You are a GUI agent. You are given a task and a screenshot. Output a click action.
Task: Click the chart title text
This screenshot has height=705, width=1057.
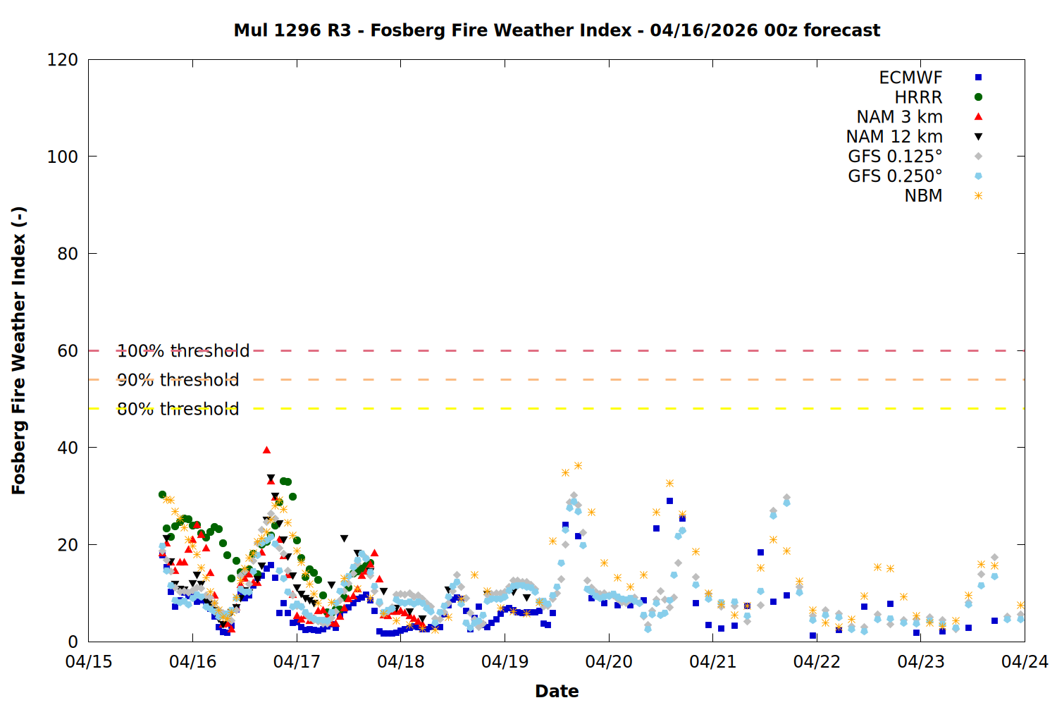point(557,30)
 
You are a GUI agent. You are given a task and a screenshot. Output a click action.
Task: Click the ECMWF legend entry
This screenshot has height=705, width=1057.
point(910,78)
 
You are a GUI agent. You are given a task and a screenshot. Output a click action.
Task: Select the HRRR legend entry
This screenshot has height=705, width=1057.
point(918,97)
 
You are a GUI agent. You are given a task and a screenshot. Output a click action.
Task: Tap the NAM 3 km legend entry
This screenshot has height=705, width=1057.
point(899,117)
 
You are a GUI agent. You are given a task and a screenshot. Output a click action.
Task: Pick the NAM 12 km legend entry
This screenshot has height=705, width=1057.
point(894,137)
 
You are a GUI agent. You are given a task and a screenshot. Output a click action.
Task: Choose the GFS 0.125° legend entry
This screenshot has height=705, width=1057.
point(895,157)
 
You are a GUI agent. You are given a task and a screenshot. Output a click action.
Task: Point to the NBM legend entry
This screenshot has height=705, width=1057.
point(923,196)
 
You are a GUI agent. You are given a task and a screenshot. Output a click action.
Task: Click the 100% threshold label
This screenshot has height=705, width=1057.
point(183,351)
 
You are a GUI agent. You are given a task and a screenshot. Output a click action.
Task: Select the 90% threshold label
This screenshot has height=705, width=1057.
point(178,380)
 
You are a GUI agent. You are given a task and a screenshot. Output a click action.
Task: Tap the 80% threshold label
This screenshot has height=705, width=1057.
point(178,409)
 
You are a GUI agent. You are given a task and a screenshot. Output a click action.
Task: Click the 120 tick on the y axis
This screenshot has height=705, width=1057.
point(63,60)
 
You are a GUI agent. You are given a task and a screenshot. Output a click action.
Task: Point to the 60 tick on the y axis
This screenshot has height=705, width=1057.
point(68,351)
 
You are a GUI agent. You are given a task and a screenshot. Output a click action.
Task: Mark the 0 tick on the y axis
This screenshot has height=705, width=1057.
point(73,642)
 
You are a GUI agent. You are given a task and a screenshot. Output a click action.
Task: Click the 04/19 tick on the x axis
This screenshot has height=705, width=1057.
point(505,662)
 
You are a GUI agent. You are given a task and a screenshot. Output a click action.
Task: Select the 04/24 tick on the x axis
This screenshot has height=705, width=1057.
point(1025,662)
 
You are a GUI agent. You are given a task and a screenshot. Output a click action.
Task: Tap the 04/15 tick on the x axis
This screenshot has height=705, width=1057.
point(89,662)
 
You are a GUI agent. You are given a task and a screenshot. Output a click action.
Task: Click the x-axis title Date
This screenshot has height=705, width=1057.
point(557,691)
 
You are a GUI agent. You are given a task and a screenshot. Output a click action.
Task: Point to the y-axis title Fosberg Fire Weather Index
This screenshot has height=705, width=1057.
point(19,350)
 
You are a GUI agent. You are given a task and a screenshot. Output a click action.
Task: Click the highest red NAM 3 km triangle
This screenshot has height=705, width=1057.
point(266,450)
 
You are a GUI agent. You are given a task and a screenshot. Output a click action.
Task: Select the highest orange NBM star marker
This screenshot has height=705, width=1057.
point(578,465)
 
